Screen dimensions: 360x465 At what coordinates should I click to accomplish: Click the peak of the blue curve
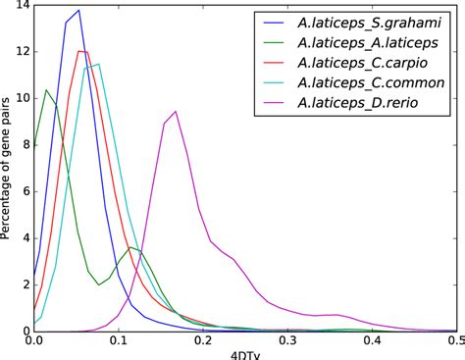tap(77, 10)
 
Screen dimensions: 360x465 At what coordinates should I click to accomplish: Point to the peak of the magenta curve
tap(175, 111)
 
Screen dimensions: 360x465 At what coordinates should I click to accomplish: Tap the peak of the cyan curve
tap(98, 64)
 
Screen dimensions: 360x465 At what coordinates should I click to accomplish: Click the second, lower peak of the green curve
tap(130, 248)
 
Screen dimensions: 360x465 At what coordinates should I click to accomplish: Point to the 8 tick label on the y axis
tap(22, 145)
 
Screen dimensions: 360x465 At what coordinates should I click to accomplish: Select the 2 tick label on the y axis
tap(22, 284)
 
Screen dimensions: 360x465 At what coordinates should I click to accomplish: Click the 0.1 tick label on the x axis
tap(119, 342)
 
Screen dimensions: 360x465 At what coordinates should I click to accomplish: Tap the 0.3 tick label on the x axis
tap(288, 342)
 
